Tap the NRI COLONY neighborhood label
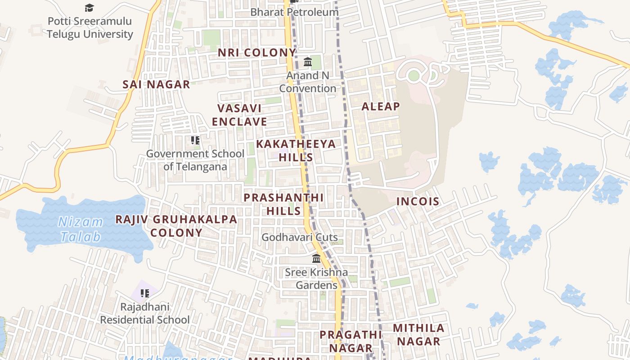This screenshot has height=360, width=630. [257, 53]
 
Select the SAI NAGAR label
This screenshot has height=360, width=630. [156, 84]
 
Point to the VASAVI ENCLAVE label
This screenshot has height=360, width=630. [239, 115]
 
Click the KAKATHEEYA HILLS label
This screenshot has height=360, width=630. [296, 150]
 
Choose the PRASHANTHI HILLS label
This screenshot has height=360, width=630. [283, 204]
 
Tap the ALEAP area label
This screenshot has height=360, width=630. [381, 106]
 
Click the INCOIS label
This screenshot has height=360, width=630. [418, 201]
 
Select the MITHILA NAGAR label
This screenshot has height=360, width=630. [418, 334]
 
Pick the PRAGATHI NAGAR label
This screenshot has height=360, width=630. [351, 341]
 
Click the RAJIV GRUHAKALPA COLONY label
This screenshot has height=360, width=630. [176, 226]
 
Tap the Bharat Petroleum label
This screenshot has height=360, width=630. [294, 12]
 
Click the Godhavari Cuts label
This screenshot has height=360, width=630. [300, 237]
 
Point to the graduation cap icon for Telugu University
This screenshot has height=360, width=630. [90, 8]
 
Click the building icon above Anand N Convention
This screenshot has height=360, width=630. [308, 62]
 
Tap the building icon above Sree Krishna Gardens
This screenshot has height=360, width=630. [316, 259]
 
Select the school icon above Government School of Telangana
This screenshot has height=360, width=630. [195, 140]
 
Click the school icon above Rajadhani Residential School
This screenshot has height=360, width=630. [144, 294]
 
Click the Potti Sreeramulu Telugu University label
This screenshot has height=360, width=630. [90, 27]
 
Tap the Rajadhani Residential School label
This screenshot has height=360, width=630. [144, 313]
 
